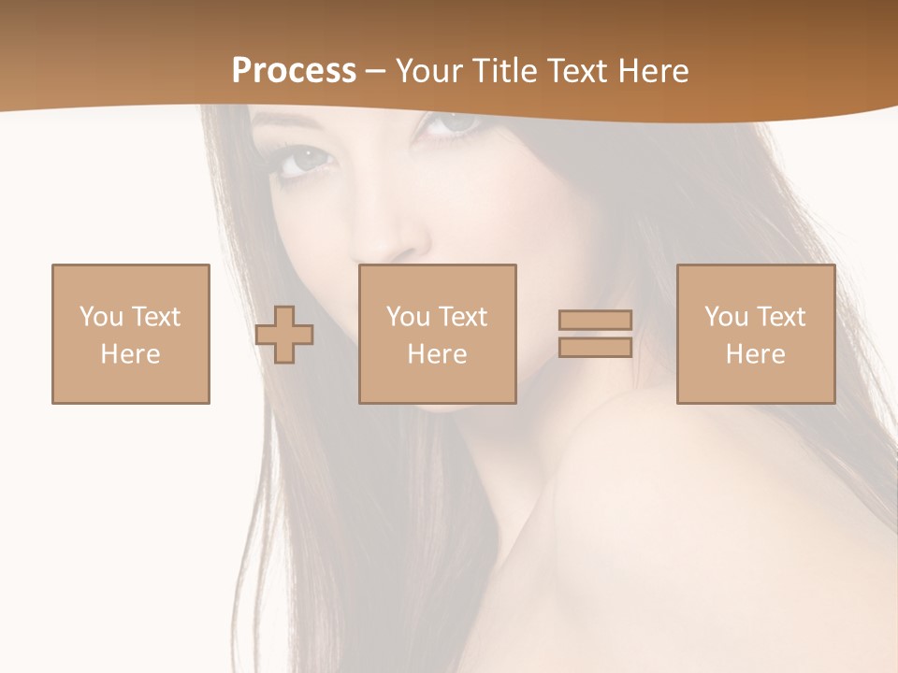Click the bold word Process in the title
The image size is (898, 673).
(294, 71)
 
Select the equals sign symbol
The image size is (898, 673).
(595, 334)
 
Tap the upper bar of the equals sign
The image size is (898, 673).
(595, 320)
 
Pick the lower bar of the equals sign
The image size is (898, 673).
(595, 348)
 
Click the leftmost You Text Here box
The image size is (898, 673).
(131, 334)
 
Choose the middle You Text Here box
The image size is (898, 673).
(437, 334)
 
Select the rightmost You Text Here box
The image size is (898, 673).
(755, 334)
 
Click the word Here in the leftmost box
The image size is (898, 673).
(131, 354)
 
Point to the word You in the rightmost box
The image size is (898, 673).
(726, 317)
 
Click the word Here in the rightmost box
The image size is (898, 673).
(755, 354)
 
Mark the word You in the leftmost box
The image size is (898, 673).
(101, 317)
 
